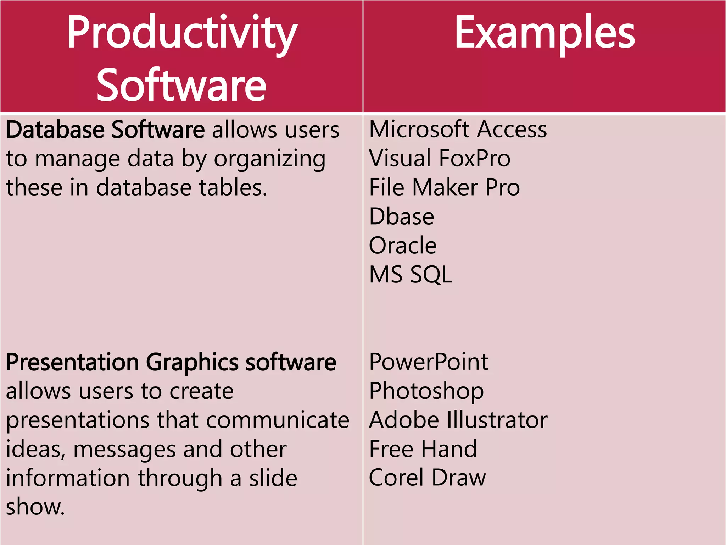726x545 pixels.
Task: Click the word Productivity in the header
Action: coord(182,33)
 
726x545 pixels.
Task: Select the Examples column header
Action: coord(544,33)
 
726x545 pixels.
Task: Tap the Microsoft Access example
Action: coord(458,129)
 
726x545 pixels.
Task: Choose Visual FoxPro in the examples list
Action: coord(440,158)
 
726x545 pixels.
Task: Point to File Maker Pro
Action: coord(444,187)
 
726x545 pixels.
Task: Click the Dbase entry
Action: coord(401,216)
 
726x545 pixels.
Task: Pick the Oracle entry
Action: coord(403,246)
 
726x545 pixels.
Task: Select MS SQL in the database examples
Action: coord(411,275)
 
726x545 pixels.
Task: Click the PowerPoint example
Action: coord(429,362)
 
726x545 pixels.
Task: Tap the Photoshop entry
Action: coord(426,391)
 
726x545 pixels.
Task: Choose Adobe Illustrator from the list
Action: coord(458,420)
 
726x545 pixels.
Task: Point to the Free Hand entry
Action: coord(423,449)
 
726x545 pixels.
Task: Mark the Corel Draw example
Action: coord(427,478)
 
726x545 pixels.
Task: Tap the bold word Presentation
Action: coord(73,362)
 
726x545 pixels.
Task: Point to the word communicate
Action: coord(278,420)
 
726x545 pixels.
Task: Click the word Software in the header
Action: coord(181,85)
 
